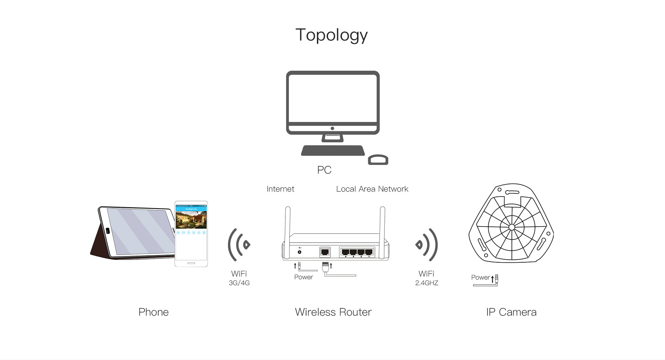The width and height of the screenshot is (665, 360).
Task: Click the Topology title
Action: click(331, 35)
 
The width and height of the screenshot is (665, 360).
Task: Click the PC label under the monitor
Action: click(324, 170)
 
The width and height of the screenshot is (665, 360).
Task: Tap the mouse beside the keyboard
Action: click(378, 160)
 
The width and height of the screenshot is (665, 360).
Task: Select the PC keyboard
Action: click(333, 150)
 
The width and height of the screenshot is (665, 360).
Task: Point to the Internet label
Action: click(280, 189)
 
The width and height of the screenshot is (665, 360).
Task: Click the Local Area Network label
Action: click(372, 189)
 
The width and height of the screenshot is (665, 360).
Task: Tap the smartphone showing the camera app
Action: click(191, 234)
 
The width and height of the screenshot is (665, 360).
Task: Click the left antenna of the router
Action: click(287, 225)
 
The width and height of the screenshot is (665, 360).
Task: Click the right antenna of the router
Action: click(382, 225)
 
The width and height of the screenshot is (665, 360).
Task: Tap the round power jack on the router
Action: click(299, 252)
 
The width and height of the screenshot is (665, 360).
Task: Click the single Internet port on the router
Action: click(325, 252)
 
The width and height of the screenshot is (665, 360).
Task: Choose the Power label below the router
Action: click(303, 277)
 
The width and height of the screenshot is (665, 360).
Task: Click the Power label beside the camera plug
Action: click(480, 278)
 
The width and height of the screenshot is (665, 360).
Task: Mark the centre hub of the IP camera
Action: click(512, 227)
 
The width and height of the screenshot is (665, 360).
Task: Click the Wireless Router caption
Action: click(333, 312)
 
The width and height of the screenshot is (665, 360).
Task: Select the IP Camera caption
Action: click(511, 312)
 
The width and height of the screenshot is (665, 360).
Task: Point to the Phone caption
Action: click(153, 312)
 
